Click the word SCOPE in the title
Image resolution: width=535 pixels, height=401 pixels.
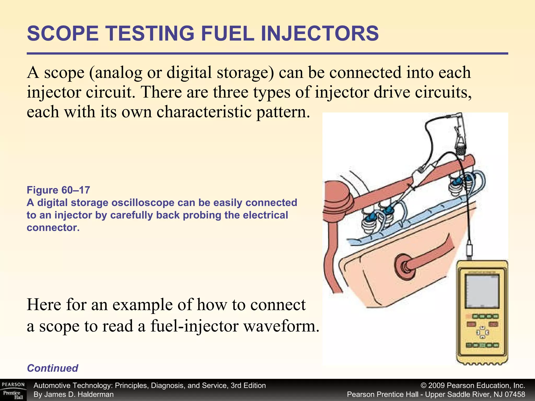pos(63,34)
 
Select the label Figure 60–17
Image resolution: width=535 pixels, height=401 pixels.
pos(58,190)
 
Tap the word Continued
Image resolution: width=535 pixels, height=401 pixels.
pos(53,368)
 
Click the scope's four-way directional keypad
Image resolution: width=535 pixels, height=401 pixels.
pos(482,332)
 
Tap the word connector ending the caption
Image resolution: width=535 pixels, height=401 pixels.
pos(53,228)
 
